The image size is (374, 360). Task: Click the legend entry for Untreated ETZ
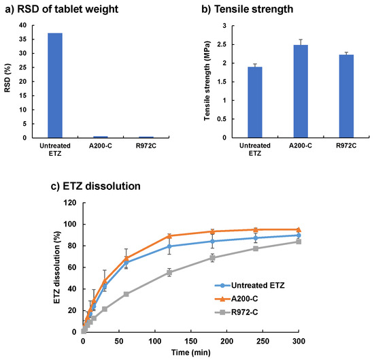[254, 285]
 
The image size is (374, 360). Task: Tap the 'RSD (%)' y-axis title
[7, 82]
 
